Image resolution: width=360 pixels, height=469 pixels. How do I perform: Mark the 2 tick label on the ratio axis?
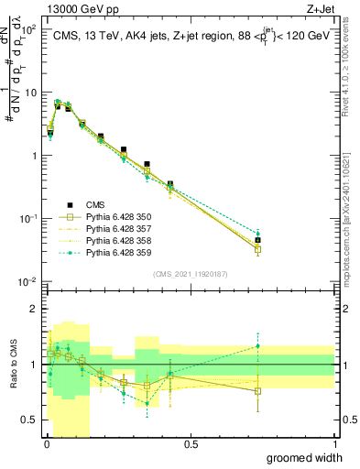tap(37, 309)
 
